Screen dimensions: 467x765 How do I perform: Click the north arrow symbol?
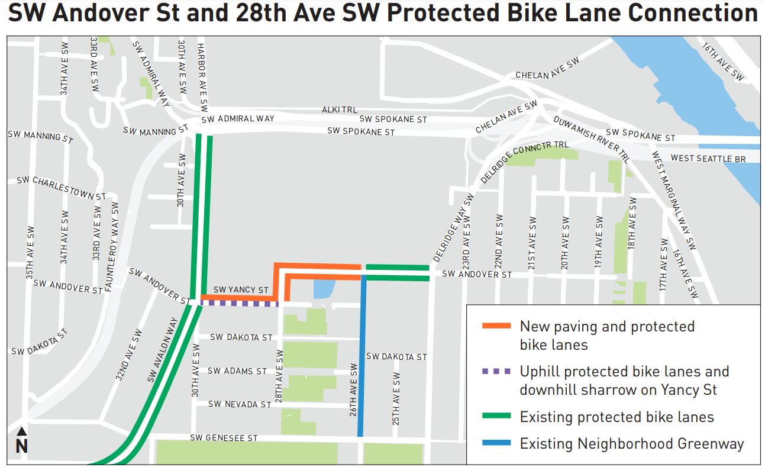coord(21,441)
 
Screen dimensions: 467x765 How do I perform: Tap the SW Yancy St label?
coord(241,290)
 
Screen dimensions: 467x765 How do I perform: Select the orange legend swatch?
coord(496,326)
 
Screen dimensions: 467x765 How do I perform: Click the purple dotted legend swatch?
coord(496,372)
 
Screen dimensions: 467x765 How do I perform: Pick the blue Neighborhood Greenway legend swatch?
coord(496,443)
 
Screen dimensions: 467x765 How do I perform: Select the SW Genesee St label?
coord(224,438)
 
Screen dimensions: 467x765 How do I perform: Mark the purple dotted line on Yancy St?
coord(240,304)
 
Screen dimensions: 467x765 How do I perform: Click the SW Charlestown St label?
coord(61,187)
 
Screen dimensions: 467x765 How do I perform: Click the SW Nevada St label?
coord(240,404)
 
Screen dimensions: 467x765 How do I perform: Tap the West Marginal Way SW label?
coord(674,201)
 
